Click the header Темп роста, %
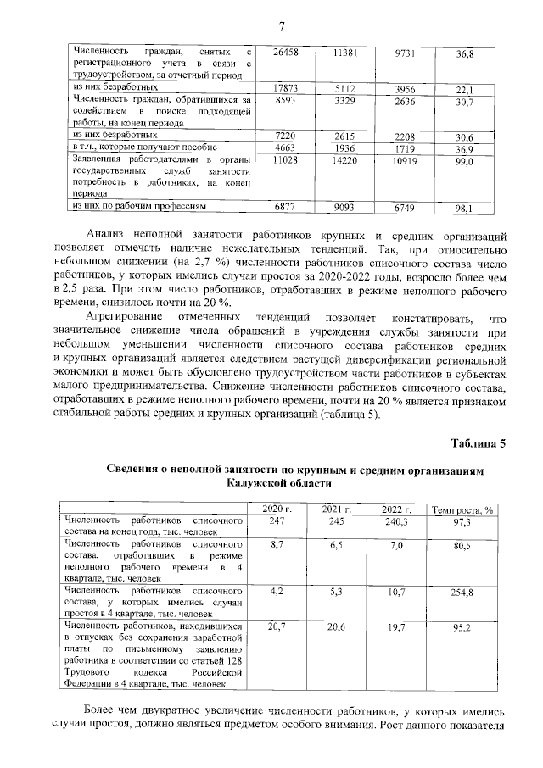pos(462,509)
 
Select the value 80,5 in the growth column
pos(462,547)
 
